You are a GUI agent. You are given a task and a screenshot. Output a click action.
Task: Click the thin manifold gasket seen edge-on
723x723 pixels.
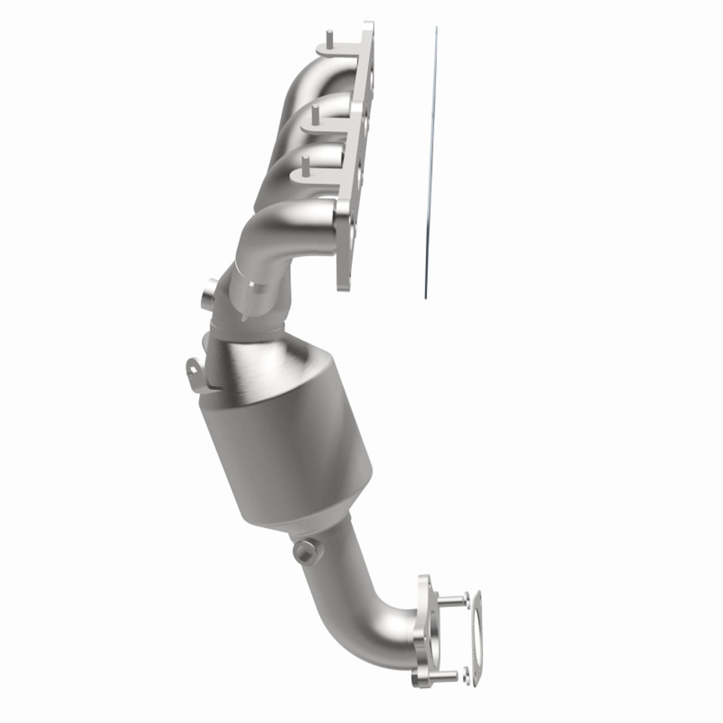point(431,164)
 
